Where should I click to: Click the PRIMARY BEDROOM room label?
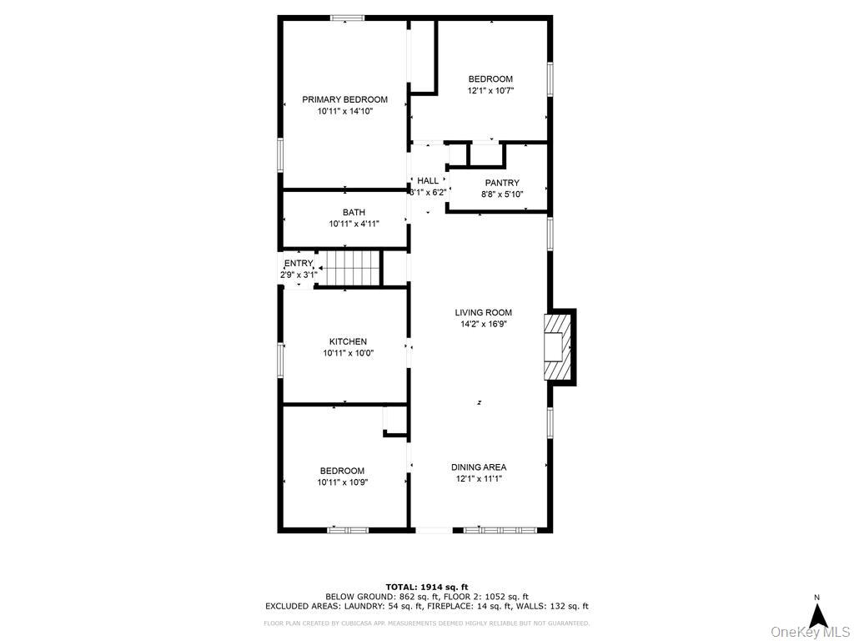tap(344, 99)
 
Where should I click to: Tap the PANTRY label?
tap(502, 183)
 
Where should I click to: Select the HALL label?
tap(428, 180)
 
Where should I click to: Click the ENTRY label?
tap(298, 264)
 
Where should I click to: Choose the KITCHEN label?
tap(348, 341)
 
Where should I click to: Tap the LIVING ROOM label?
tap(484, 312)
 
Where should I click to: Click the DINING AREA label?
tap(479, 467)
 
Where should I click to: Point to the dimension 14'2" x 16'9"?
tap(484, 324)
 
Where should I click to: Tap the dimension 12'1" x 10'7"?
tap(490, 91)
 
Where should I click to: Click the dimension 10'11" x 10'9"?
tap(342, 482)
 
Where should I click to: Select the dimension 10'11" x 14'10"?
tap(344, 111)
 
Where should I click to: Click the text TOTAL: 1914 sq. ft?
tap(427, 586)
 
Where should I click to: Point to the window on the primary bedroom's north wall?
tap(345, 18)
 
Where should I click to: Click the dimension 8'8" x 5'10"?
tap(502, 194)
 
